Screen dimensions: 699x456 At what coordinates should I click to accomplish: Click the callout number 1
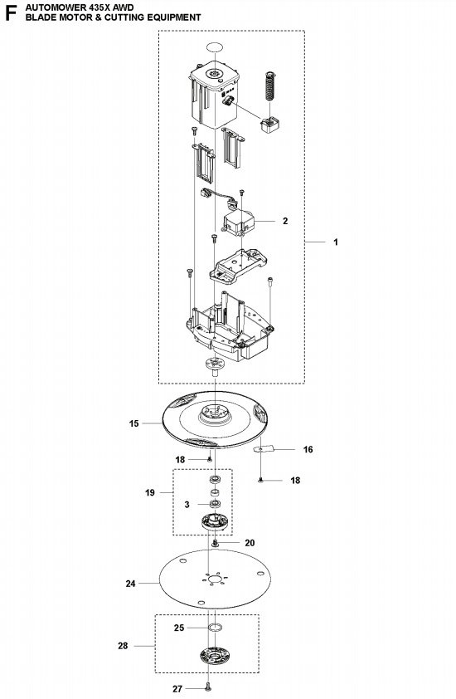(x=335, y=242)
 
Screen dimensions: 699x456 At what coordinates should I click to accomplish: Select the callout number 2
(x=285, y=222)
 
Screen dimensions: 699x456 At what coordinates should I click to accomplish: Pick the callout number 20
(x=250, y=542)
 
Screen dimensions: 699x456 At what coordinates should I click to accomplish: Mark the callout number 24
(x=130, y=584)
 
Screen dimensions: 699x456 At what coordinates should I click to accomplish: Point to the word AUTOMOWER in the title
(x=49, y=6)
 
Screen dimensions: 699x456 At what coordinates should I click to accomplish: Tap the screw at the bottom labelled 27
(x=206, y=686)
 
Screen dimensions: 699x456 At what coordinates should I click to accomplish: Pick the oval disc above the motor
(x=214, y=47)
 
